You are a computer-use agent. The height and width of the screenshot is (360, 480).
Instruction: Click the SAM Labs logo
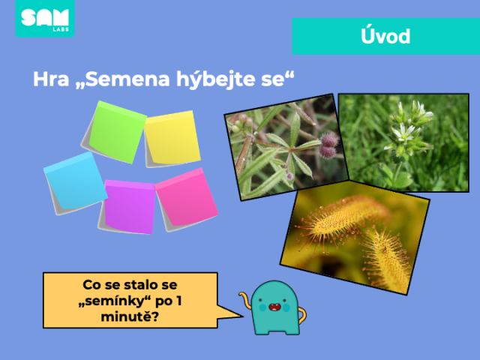(x=45, y=18)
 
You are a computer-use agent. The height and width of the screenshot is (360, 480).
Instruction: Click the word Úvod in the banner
(x=385, y=36)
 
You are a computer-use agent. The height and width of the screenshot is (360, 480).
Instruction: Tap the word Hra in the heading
(x=51, y=79)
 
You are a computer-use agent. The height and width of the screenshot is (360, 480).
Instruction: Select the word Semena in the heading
(x=127, y=79)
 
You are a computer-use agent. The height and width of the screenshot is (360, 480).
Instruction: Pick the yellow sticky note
(x=172, y=139)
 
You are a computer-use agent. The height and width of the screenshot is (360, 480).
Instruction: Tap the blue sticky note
(x=75, y=183)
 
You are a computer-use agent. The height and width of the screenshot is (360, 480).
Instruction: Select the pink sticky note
(x=187, y=199)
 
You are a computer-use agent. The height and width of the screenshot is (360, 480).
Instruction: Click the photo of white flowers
(x=403, y=142)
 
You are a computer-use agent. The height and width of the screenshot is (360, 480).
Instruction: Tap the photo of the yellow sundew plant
(x=355, y=238)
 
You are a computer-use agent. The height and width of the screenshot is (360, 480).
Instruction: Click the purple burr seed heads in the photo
(x=328, y=145)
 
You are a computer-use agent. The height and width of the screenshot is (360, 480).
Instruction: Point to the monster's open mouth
(x=274, y=307)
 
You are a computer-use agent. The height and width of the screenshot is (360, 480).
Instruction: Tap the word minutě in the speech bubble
(x=130, y=316)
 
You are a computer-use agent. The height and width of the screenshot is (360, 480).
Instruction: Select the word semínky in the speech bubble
(x=115, y=301)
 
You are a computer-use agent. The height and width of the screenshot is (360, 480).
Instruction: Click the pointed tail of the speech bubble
(x=243, y=316)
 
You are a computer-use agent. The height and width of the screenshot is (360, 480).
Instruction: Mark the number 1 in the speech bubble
(x=178, y=301)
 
